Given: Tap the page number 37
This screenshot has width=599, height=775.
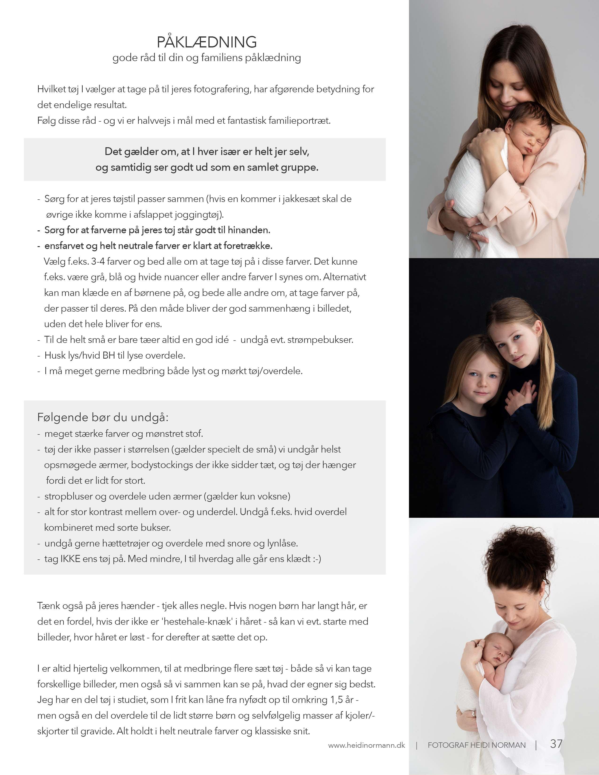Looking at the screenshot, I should [x=556, y=744].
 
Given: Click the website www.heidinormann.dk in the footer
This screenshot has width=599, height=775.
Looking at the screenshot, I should [x=366, y=745].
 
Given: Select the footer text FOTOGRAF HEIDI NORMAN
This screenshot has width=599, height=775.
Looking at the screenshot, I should [x=477, y=745].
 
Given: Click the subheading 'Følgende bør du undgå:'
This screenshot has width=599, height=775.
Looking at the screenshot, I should [x=103, y=417].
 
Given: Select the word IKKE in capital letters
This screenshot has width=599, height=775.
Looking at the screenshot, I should [x=70, y=559].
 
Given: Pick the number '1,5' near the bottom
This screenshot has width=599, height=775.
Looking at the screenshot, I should [x=337, y=700].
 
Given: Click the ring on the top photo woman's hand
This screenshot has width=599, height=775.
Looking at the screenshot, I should [x=470, y=234].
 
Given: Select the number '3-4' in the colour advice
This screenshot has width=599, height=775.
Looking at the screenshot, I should [x=97, y=262].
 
